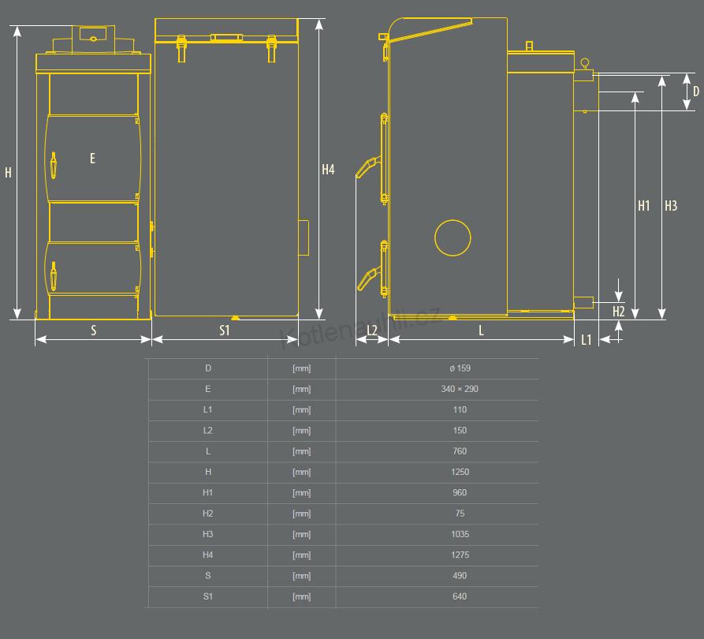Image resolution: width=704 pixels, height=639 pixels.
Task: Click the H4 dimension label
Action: coord(328,170)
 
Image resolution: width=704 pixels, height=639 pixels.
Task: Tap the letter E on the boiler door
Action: coord(92,159)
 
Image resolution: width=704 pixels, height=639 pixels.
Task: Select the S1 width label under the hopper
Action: coord(225,331)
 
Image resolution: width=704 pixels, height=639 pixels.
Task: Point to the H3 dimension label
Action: coord(671,206)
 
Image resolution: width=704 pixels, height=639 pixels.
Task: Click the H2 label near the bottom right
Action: coord(619,312)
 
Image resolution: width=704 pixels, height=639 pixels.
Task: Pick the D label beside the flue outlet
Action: coord(696,92)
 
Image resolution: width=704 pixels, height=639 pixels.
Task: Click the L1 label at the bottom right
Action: coord(587,340)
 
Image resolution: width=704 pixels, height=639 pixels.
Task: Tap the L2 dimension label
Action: coord(372,331)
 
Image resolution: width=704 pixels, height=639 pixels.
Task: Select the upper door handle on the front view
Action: coord(54,165)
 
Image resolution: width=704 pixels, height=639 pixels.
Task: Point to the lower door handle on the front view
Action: coord(54,275)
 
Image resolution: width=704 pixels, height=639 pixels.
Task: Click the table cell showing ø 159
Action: coord(460,368)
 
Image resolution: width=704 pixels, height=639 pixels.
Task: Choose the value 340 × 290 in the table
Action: coord(460,389)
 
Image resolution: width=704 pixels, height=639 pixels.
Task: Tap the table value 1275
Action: coord(460,555)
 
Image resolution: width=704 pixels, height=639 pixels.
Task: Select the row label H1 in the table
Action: coord(207,492)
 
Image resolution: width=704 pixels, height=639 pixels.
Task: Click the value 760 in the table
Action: coord(460,451)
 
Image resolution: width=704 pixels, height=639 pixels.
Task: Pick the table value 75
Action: coord(460,514)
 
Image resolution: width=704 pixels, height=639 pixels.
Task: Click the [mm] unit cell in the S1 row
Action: coord(302,596)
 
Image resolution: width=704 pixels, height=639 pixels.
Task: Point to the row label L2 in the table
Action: coord(207,431)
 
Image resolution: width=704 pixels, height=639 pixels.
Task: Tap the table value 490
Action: coord(460,576)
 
